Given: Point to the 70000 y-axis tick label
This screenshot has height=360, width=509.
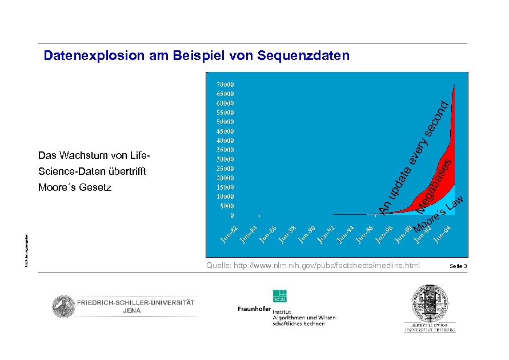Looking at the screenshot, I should coord(225,84).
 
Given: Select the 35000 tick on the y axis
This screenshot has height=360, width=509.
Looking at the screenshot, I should coord(225,150).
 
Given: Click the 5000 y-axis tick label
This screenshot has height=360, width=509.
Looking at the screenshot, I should coord(226,206).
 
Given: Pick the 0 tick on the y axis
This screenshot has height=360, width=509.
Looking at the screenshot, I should coord(231,215).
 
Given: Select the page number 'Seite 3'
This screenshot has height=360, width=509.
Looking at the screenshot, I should coord(458,266).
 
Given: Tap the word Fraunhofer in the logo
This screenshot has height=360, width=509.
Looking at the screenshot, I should coord(254,309).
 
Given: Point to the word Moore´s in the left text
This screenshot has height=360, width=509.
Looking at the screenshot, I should coord(55,187).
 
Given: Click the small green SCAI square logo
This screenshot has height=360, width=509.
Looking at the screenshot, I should coord(280,296).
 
